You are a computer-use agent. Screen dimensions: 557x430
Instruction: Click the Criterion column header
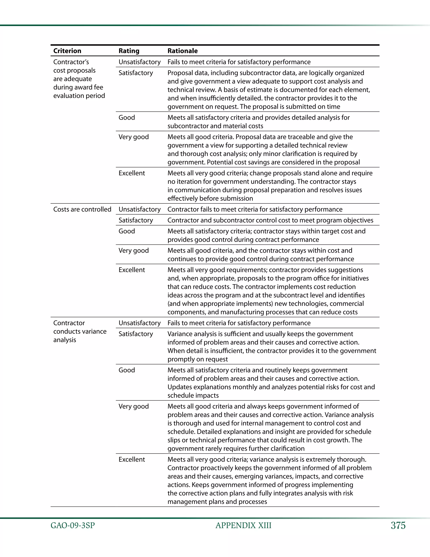(x=67, y=51)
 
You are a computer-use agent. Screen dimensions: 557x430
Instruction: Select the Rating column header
(x=129, y=51)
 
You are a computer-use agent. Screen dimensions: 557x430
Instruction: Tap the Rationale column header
(x=182, y=51)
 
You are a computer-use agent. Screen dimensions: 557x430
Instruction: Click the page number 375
(x=398, y=525)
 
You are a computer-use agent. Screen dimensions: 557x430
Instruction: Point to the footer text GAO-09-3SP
(x=73, y=526)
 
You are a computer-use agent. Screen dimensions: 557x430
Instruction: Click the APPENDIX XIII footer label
(x=243, y=526)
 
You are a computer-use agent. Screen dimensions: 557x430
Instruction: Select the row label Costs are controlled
(x=82, y=209)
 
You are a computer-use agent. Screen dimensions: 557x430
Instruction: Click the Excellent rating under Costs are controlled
(x=132, y=270)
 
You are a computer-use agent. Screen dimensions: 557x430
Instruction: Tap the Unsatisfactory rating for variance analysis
(x=140, y=323)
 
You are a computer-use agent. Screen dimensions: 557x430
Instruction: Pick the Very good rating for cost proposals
(x=134, y=137)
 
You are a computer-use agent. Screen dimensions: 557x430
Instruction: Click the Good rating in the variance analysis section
(x=127, y=370)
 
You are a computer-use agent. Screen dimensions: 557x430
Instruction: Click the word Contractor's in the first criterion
(x=71, y=62)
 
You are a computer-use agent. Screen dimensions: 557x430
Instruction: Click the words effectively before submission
(x=210, y=198)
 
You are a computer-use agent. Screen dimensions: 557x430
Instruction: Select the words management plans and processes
(x=217, y=502)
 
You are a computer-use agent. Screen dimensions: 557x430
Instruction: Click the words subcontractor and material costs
(x=215, y=126)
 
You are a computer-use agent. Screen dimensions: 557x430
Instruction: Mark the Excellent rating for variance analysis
(x=132, y=459)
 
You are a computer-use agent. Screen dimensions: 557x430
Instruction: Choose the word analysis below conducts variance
(x=65, y=340)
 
